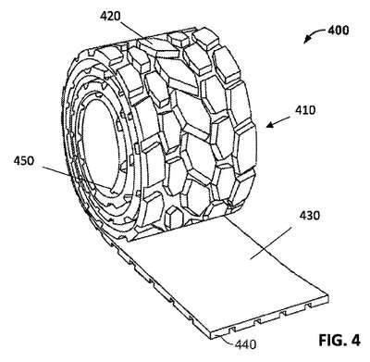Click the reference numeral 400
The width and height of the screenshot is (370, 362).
(x=338, y=31)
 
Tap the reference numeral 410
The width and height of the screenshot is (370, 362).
(x=305, y=110)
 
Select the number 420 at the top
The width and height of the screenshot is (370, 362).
(x=110, y=16)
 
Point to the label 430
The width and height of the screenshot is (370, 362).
(x=309, y=215)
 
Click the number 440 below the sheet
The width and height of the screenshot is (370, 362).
(x=245, y=343)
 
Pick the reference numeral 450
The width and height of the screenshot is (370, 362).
(x=24, y=160)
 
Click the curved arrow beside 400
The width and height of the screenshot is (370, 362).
(x=314, y=34)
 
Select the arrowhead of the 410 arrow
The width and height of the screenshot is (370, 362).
(x=269, y=125)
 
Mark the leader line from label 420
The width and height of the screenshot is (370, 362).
(x=135, y=32)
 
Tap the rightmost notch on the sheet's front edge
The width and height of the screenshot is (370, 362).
(x=308, y=306)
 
